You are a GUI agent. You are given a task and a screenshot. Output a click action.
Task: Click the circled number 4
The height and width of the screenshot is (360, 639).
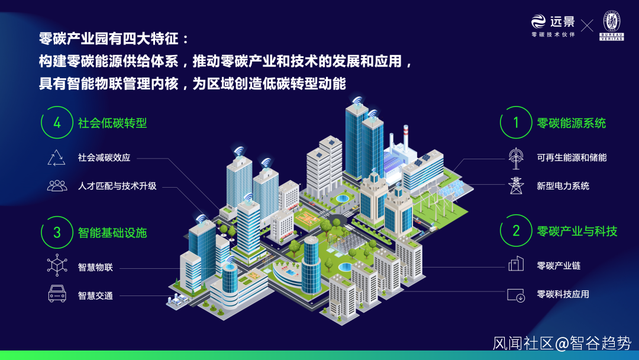tap(57, 123)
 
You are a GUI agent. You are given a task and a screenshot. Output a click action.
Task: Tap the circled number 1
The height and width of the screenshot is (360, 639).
tap(516, 123)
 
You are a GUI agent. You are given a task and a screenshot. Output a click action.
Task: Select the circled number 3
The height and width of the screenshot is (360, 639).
tap(57, 232)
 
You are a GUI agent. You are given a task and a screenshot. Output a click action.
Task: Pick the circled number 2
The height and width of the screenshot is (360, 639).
tap(516, 230)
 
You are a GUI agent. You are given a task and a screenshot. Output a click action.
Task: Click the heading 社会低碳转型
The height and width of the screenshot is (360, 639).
tap(112, 123)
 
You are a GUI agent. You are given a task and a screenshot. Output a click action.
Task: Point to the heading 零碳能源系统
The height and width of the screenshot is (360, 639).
tap(572, 123)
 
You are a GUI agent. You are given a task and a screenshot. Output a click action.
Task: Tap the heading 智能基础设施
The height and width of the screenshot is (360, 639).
tap(112, 232)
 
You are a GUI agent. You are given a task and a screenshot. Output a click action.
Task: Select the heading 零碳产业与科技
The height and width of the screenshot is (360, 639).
tap(577, 230)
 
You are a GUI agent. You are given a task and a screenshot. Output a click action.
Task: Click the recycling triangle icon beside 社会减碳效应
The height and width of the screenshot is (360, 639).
tap(57, 157)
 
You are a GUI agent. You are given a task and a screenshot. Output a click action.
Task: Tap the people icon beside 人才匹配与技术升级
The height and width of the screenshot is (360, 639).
tap(57, 186)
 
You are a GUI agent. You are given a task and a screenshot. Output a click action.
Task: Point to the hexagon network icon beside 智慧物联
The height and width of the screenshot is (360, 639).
tap(57, 265)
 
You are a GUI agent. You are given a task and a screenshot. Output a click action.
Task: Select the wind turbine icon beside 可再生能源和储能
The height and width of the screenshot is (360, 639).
tap(516, 157)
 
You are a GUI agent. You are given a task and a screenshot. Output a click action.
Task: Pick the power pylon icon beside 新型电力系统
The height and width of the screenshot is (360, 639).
tap(516, 185)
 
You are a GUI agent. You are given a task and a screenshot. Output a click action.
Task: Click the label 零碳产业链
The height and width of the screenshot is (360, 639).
tap(559, 265)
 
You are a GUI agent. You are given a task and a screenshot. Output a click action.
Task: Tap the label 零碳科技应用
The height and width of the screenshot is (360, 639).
tap(563, 294)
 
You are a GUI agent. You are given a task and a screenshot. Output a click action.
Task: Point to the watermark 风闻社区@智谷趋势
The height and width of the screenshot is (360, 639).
tap(562, 343)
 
